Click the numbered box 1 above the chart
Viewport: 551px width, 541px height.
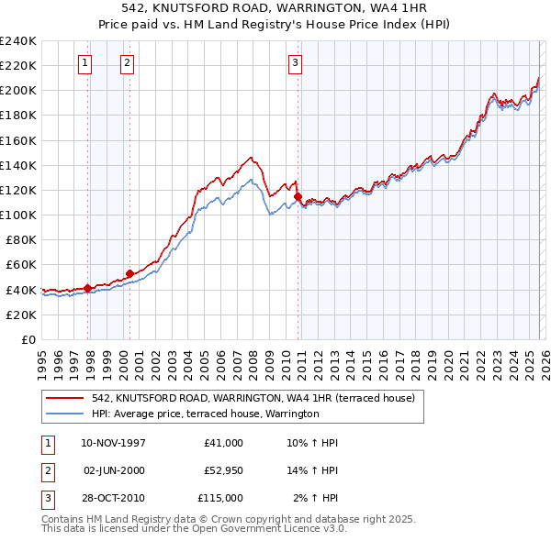84,63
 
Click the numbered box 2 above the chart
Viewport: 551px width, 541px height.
126,63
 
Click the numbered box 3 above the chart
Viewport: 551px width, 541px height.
295,63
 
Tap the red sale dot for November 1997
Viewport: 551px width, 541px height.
88,288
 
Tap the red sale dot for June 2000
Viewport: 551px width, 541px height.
129,273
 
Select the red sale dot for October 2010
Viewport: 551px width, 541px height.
298,196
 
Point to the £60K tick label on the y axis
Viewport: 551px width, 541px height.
21,264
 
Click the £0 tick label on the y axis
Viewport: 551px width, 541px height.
28,339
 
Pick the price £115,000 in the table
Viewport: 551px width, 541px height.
220,498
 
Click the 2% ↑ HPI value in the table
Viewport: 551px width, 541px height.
315,498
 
